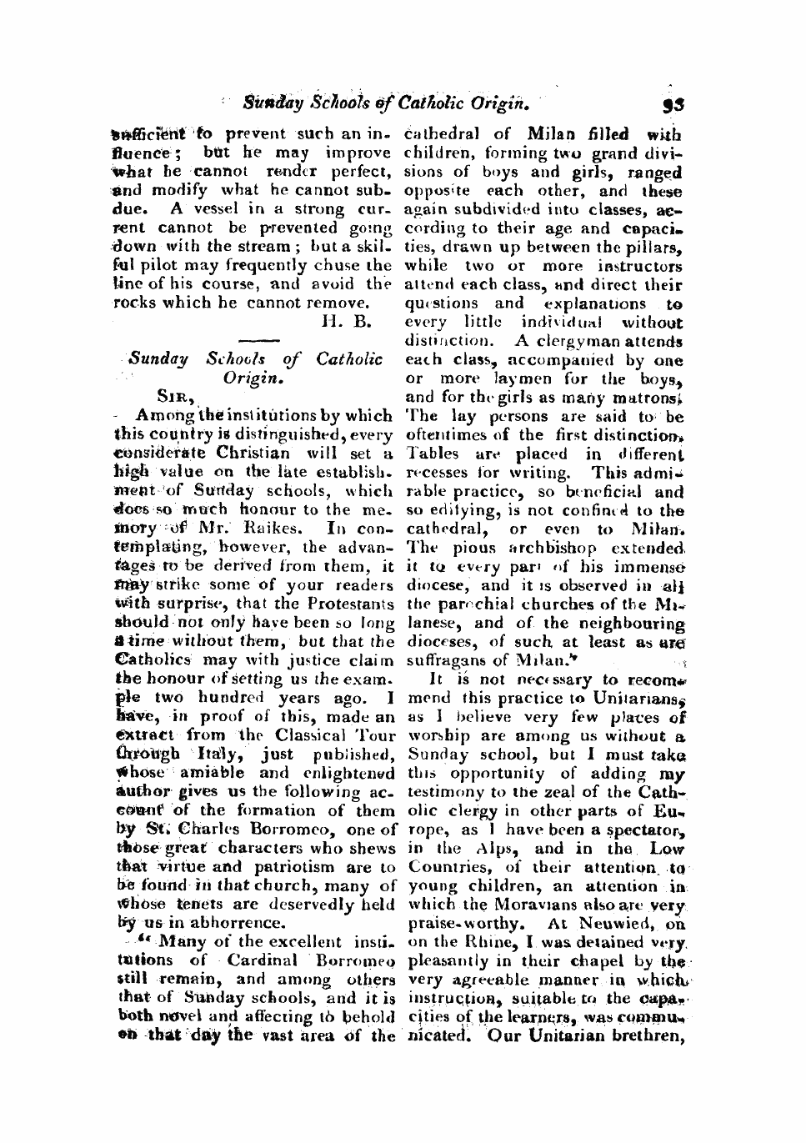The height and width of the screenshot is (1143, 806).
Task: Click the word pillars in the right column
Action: click(x=654, y=248)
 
